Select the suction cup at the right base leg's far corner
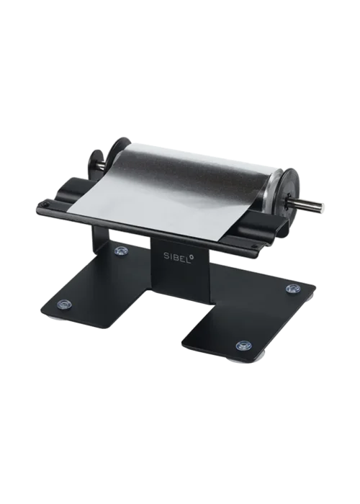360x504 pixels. (x=293, y=287)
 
